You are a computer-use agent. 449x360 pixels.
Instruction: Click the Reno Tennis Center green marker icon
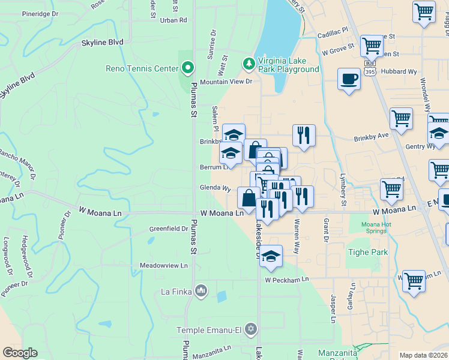188,68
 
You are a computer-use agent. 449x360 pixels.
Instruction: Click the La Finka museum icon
200,292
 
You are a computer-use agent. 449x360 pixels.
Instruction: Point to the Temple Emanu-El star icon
251,330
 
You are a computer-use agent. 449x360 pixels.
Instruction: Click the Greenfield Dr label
169,229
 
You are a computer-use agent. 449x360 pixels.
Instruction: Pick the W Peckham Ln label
286,280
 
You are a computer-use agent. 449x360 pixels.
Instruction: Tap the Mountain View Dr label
226,82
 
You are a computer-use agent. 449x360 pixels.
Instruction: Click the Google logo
20,353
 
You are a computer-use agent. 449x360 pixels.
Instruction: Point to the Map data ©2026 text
423,355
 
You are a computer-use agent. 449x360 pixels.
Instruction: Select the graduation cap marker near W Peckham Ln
271,256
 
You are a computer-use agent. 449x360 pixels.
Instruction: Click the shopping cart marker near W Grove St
372,45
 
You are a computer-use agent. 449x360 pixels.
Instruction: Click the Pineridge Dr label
40,14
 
